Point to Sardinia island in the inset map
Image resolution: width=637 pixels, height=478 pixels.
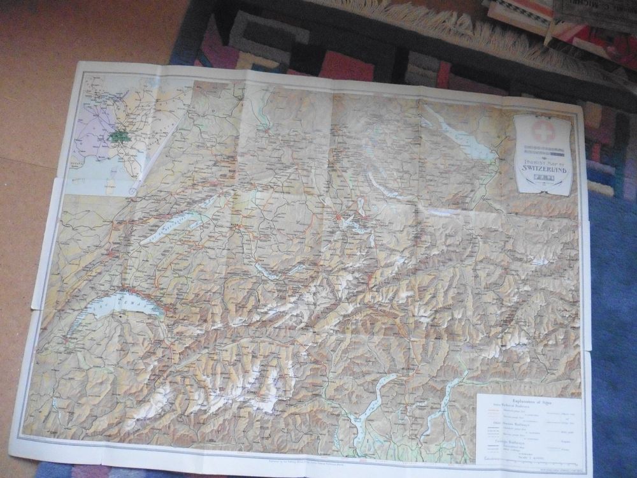click(x=109, y=185)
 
